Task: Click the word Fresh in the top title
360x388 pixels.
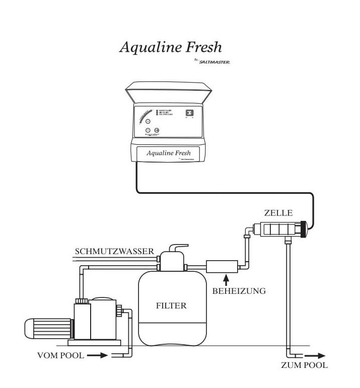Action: [x=202, y=47]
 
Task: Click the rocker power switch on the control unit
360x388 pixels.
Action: [x=190, y=113]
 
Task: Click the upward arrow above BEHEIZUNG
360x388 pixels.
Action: [x=226, y=278]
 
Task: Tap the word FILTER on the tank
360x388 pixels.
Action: [x=172, y=305]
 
